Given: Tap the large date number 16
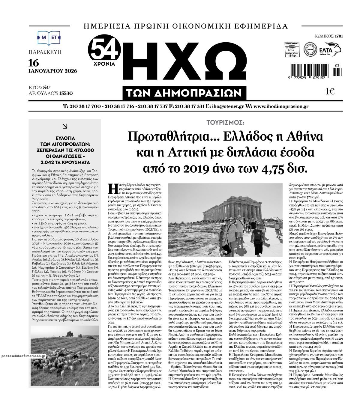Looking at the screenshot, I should coord(34,63).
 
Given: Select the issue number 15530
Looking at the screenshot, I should coord(66,93).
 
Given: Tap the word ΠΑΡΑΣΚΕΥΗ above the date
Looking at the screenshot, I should coord(45,52).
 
